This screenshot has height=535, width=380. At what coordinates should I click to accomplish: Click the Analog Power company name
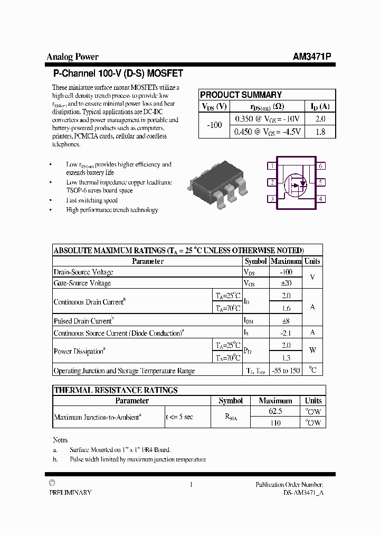point(72,57)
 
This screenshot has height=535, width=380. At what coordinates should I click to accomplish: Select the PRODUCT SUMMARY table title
point(241,95)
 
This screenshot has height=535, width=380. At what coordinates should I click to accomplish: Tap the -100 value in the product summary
point(214,125)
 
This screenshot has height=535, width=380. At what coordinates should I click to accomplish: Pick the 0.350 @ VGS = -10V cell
point(267,119)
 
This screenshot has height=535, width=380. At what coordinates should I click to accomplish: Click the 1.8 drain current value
point(320,132)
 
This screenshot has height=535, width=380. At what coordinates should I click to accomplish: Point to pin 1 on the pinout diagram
point(271,166)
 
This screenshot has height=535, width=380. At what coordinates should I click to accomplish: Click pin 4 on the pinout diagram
point(320,199)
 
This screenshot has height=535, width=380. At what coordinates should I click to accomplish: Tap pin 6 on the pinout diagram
point(320,166)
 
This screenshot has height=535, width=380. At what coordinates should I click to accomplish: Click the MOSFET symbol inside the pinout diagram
point(296,183)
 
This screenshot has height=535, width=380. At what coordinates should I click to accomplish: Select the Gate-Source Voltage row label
point(82,283)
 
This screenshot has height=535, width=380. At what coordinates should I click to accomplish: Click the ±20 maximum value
point(286,283)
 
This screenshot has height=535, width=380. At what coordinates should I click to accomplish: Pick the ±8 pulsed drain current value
point(286,320)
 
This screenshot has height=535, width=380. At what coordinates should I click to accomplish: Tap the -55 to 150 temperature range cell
point(286,371)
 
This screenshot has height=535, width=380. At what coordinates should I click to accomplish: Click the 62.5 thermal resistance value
point(275,411)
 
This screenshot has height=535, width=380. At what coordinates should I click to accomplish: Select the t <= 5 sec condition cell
point(179,417)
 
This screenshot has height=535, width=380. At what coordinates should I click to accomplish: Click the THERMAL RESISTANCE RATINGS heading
point(116,390)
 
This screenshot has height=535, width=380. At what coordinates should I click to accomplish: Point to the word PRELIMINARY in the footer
point(70,492)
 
